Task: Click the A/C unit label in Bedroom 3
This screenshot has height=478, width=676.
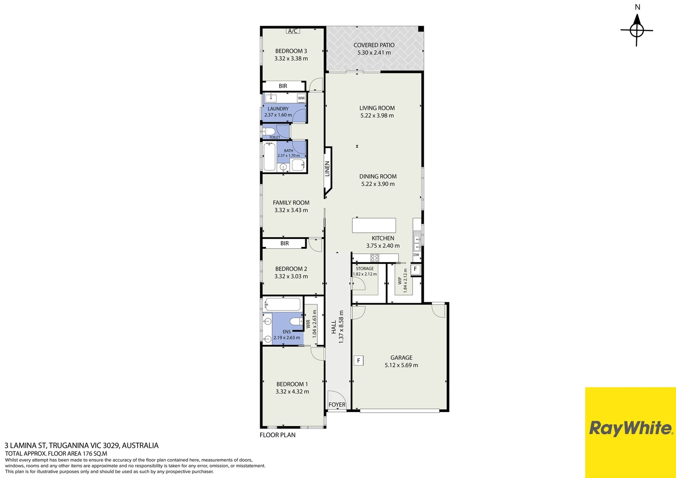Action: click(x=292, y=31)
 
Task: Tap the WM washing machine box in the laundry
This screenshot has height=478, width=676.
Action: click(x=301, y=98)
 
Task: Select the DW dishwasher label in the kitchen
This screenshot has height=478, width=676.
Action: click(x=416, y=255)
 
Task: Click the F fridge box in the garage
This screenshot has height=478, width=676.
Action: click(x=358, y=360)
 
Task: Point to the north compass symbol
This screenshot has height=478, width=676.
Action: click(x=637, y=30)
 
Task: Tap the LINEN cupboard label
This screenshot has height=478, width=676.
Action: click(x=327, y=169)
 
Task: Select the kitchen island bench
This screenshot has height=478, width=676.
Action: click(x=374, y=225)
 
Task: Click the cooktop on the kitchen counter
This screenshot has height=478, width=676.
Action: click(x=375, y=258)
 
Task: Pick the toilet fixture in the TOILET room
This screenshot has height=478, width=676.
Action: click(x=269, y=131)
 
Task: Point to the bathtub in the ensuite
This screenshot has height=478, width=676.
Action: click(x=282, y=305)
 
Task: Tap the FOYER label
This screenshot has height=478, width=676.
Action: click(x=337, y=405)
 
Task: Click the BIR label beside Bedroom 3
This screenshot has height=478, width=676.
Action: click(x=283, y=86)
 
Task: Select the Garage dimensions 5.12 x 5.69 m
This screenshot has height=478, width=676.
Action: click(x=401, y=365)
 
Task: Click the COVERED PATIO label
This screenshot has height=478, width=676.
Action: click(x=374, y=45)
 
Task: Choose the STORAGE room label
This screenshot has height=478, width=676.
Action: click(x=365, y=269)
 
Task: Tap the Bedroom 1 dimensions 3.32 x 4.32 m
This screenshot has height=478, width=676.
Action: click(x=292, y=392)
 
